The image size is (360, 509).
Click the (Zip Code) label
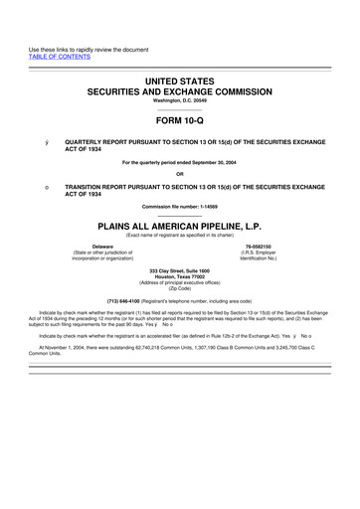[x=180, y=289]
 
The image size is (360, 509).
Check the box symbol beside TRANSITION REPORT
[x=33, y=186]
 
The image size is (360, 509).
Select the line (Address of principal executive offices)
[x=180, y=283]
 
